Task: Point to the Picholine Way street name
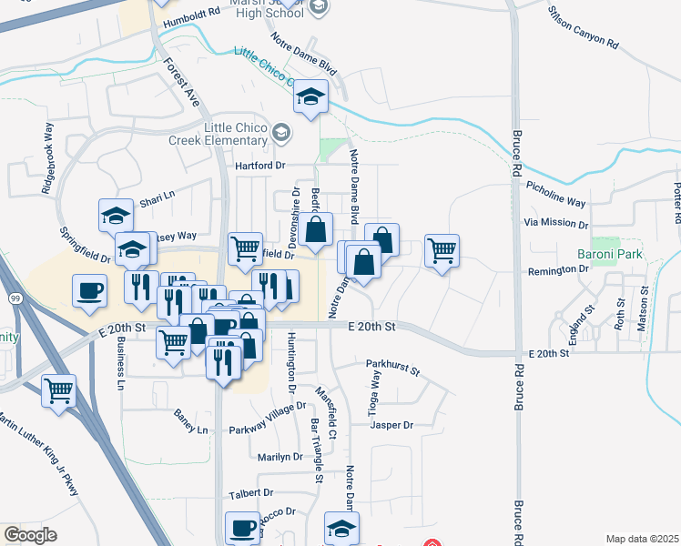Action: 556,196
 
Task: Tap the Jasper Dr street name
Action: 392,425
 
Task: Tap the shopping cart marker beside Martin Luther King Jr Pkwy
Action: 59,391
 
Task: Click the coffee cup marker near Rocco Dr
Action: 243,528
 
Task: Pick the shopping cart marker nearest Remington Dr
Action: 442,250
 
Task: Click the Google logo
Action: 31,535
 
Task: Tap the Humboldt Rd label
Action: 189,14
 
